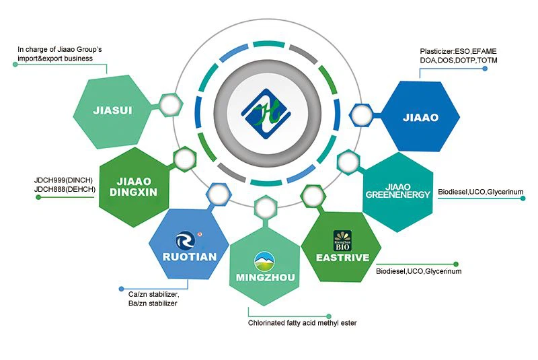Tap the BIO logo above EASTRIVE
(342, 240)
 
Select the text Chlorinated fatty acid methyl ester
(302, 324)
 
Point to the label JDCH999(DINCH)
(65, 181)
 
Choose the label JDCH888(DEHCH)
(65, 190)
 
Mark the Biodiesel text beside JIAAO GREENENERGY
(480, 192)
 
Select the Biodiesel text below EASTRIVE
(418, 271)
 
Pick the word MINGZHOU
(265, 277)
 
